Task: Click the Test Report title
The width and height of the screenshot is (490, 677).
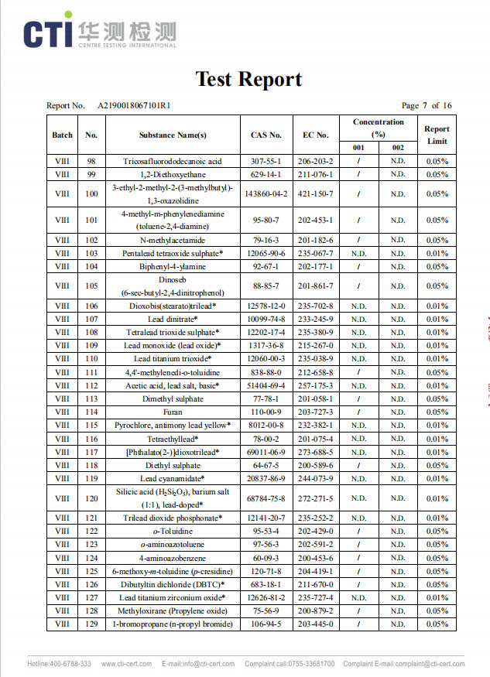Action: click(x=248, y=79)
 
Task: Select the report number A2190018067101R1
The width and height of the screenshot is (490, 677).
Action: click(x=134, y=106)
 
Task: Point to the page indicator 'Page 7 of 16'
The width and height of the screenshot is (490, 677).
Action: click(x=426, y=106)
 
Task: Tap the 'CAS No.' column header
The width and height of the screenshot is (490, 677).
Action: click(x=266, y=135)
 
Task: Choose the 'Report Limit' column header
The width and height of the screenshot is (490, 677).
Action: click(x=437, y=135)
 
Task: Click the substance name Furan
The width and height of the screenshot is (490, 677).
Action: click(x=173, y=412)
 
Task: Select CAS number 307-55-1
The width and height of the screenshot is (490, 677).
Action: click(x=266, y=161)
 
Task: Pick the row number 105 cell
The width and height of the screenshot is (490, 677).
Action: click(x=91, y=286)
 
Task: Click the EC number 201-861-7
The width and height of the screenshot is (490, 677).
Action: click(x=316, y=286)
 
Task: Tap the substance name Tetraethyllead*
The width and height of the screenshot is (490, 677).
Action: click(x=173, y=439)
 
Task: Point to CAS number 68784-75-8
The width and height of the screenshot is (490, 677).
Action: click(x=266, y=499)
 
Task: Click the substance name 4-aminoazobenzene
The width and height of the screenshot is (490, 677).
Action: click(x=173, y=558)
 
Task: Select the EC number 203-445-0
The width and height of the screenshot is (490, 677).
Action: click(x=316, y=624)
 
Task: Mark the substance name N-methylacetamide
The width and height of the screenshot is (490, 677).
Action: click(x=173, y=240)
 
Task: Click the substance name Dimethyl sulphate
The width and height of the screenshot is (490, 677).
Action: click(x=173, y=399)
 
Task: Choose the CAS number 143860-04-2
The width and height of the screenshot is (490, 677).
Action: click(x=266, y=194)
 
